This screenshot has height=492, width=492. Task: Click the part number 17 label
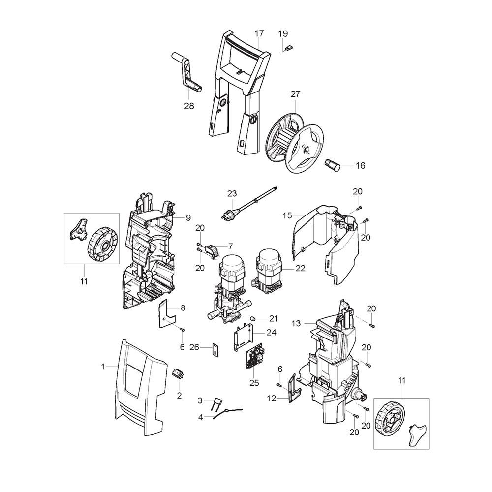coord(259,33)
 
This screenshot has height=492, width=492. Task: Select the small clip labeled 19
coord(289,48)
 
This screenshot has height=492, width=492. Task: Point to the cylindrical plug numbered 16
coord(333,164)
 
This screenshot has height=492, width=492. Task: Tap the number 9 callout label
coord(188,217)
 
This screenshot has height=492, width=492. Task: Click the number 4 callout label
coord(200,417)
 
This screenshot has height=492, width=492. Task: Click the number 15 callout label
coord(287,215)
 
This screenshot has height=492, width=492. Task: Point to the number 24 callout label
coord(271,332)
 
